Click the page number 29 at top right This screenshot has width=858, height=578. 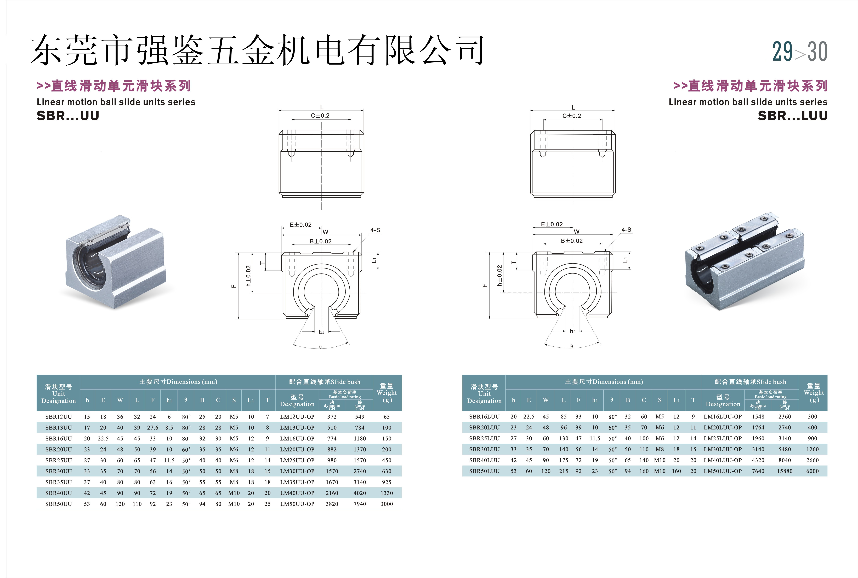782,52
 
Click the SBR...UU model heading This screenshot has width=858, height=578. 68,116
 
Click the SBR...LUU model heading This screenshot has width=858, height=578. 792,116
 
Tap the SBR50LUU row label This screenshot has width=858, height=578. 484,471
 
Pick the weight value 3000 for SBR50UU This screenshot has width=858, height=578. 386,504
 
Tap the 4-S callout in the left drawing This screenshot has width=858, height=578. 375,230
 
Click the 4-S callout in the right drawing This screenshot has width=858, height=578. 626,230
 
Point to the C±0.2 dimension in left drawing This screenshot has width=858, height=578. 320,115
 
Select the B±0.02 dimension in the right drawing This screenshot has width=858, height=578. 571,241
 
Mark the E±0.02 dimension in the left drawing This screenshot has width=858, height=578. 300,225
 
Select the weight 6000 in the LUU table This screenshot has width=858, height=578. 812,471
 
